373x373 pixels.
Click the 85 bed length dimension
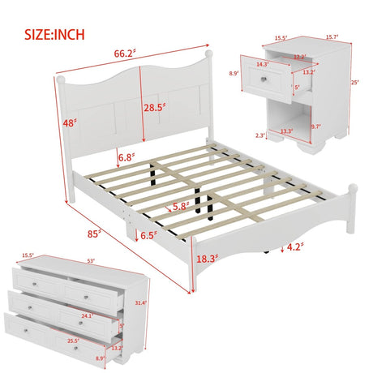(95, 234)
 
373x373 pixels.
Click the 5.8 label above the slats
(182, 208)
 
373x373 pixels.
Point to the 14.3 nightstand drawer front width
(261, 63)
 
